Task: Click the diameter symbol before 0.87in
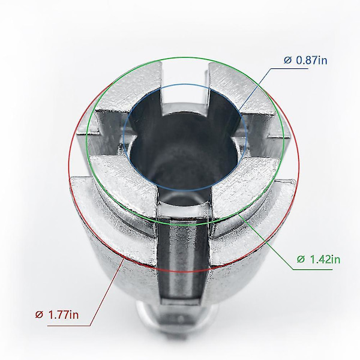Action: [x=287, y=61]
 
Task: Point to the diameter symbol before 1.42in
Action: [x=301, y=259]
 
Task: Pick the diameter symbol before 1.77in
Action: [x=39, y=315]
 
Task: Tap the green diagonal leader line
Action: [x=266, y=242]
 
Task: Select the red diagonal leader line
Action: [x=107, y=291]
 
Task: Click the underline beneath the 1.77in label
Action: [x=68, y=326]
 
